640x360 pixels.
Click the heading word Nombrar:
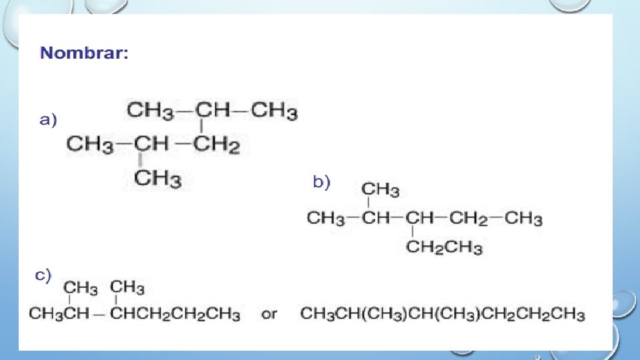point(85,53)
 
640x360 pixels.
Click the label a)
point(48,121)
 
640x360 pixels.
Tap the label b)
point(321,182)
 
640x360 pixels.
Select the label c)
point(43,275)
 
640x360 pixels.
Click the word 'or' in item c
point(269,313)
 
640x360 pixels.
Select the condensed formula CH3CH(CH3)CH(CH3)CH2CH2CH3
point(443,313)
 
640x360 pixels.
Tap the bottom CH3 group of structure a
point(158,179)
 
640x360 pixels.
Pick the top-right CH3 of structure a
point(274,111)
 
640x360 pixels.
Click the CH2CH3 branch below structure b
point(444,248)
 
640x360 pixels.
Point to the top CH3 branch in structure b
point(380,190)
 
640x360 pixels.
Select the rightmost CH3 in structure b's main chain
point(523,218)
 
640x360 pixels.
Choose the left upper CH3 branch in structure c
point(81,288)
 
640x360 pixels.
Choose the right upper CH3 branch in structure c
point(127,287)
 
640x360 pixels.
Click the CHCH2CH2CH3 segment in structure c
point(175,313)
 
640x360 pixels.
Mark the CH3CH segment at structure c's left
point(59,313)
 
